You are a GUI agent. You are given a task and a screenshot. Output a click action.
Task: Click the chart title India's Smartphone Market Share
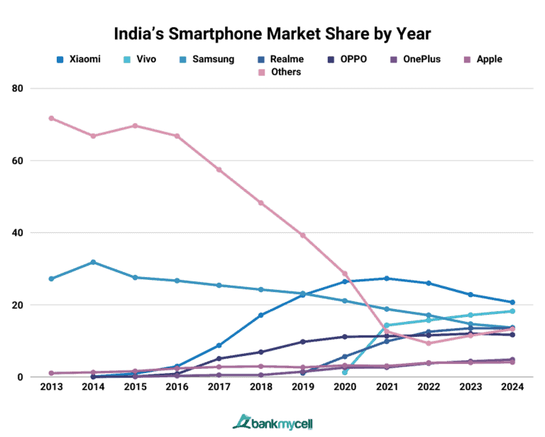tap(272, 33)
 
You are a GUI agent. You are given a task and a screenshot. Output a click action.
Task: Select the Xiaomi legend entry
tap(78, 59)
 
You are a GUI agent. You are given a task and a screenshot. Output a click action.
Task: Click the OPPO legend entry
tap(347, 59)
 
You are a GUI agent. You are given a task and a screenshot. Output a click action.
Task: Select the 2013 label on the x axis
tap(50, 388)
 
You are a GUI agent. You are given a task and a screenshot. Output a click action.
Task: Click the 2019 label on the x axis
tap(303, 388)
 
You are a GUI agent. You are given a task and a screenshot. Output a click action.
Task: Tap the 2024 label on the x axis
tap(512, 388)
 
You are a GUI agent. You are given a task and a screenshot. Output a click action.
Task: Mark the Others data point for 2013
tap(51, 118)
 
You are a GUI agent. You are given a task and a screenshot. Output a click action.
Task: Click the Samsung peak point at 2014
tap(93, 262)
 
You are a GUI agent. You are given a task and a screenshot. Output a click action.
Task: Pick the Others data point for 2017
tap(219, 170)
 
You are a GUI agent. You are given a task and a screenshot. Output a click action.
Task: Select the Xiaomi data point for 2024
tap(512, 303)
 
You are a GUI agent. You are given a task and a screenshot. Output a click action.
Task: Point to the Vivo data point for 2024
tap(512, 311)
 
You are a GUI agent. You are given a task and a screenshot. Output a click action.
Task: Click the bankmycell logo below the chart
tap(272, 422)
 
